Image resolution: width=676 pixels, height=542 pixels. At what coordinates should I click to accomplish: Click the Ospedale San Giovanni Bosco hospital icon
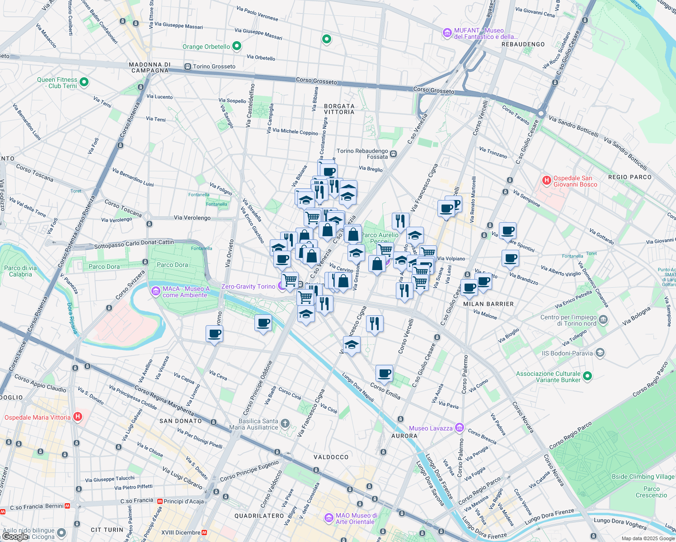546,181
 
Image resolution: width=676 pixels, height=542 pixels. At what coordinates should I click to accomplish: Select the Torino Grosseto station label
214,66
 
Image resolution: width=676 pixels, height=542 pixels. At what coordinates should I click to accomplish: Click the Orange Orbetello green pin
236,46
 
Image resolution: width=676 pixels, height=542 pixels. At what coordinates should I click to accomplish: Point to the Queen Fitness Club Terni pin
84,82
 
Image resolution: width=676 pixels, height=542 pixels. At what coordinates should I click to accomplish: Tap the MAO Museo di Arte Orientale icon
329,518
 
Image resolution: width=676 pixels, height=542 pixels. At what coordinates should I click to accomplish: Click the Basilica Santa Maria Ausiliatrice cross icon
285,424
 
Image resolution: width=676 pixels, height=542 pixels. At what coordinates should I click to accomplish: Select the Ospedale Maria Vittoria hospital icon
78,417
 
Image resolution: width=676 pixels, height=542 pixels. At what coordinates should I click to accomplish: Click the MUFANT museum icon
447,33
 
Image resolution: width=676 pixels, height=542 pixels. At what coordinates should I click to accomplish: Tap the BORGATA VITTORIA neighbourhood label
339,109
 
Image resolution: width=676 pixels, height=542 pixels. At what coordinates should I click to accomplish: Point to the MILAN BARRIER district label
488,304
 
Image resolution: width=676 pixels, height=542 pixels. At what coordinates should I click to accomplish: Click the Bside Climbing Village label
643,477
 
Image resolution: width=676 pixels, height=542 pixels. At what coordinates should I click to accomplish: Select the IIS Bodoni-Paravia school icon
600,353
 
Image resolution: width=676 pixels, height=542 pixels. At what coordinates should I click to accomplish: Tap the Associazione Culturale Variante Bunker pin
587,376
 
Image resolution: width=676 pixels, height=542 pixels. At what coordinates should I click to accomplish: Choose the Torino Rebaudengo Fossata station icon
393,154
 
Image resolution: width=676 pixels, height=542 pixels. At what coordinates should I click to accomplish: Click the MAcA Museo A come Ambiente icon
156,291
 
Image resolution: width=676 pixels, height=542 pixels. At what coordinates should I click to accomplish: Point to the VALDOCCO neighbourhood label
331,457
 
